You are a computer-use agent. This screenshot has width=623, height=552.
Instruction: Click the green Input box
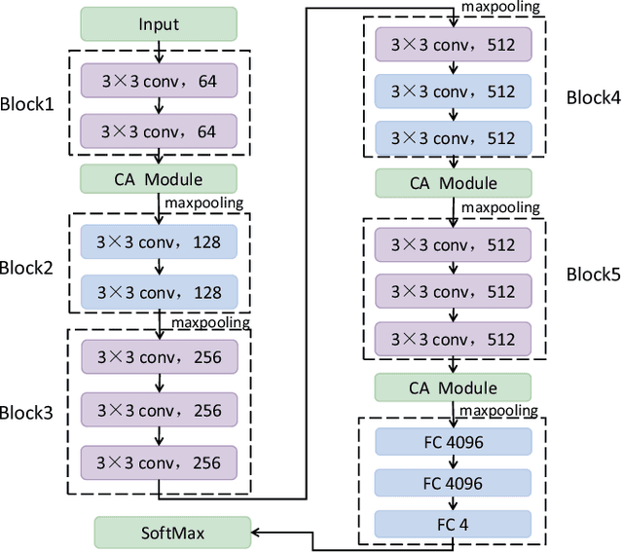tap(158, 22)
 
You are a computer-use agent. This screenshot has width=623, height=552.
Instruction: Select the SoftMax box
tap(171, 532)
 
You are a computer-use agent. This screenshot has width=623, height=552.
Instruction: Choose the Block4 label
tap(593, 96)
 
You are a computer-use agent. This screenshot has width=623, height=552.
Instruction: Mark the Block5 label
tap(593, 275)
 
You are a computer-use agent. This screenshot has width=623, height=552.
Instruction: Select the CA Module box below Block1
tap(158, 178)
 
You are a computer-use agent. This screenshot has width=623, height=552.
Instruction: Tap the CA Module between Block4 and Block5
tap(454, 183)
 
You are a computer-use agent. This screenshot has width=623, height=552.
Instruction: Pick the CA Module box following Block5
tap(454, 388)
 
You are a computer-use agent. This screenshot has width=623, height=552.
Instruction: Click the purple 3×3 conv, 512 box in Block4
tap(454, 45)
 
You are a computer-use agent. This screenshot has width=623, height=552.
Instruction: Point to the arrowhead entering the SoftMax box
tap(255, 532)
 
